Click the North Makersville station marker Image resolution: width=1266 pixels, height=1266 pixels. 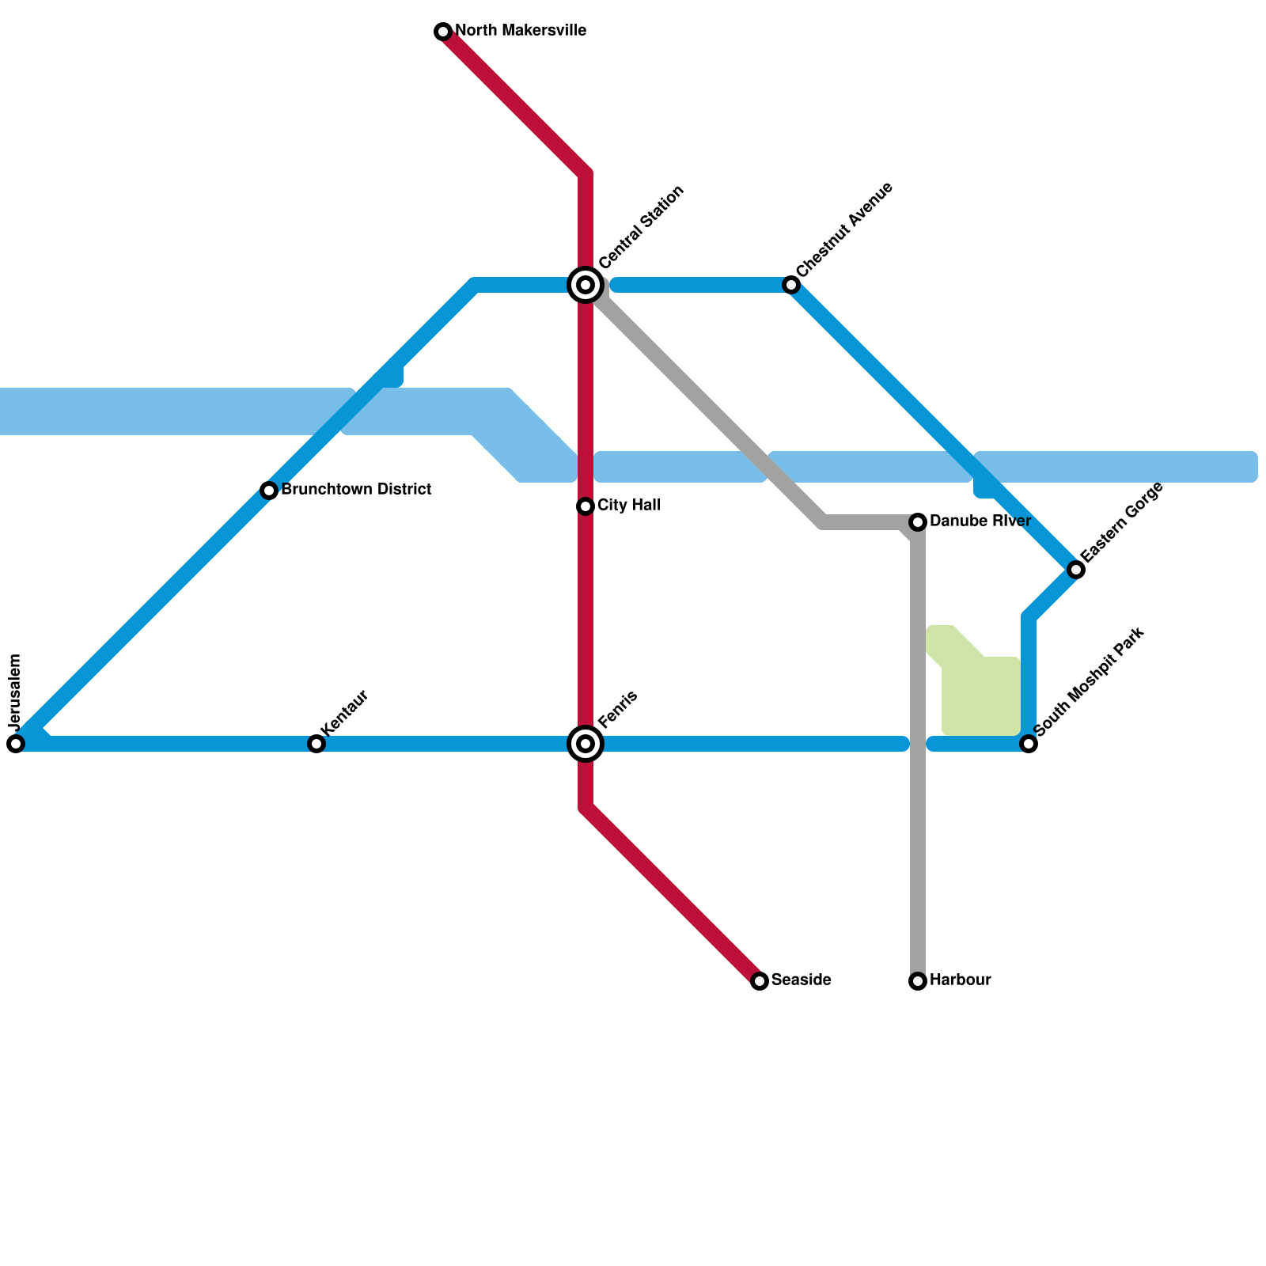pyautogui.click(x=443, y=32)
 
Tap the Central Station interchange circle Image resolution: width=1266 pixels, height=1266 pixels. pyautogui.click(x=586, y=285)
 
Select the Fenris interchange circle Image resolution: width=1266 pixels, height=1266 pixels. pyautogui.click(x=586, y=744)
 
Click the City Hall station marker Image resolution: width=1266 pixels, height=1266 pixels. pyautogui.click(x=586, y=506)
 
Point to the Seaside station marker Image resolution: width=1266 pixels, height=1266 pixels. pyautogui.click(x=760, y=981)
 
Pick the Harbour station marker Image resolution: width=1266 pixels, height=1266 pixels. pyautogui.click(x=918, y=981)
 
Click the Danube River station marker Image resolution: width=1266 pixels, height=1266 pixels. pyautogui.click(x=918, y=522)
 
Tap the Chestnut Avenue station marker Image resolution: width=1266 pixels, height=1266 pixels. pyautogui.click(x=791, y=285)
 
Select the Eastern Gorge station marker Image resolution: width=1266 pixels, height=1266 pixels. pyautogui.click(x=1075, y=570)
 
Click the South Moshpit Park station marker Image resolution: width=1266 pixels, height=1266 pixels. pyautogui.click(x=1029, y=744)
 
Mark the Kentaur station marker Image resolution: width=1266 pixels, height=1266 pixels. pyautogui.click(x=316, y=744)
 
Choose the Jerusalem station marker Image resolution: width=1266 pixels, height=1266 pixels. pyautogui.click(x=16, y=744)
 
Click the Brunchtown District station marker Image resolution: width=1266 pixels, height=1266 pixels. pyautogui.click(x=269, y=491)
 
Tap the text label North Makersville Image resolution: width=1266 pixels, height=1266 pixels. pyautogui.click(x=520, y=32)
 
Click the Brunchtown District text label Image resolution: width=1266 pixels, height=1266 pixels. pyautogui.click(x=356, y=490)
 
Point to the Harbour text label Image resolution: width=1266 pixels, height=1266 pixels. pyautogui.click(x=960, y=980)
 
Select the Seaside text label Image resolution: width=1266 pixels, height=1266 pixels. pyautogui.click(x=801, y=980)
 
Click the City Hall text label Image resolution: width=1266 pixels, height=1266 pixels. pyautogui.click(x=629, y=506)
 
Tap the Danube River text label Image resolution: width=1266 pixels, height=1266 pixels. pyautogui.click(x=980, y=521)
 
